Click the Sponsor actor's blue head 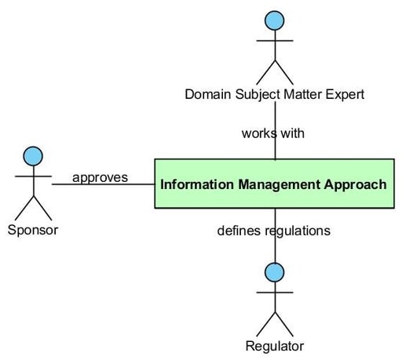[x=33, y=156]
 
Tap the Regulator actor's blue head [x=274, y=272]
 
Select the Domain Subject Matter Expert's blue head [x=275, y=20]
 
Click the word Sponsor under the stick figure [x=33, y=231]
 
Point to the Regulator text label [x=275, y=346]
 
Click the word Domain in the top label [x=208, y=94]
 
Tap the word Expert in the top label [x=345, y=95]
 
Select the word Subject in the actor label [x=258, y=95]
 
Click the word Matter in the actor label [x=303, y=94]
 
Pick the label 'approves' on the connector [x=100, y=178]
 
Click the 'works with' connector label [x=273, y=133]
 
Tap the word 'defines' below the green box [x=239, y=231]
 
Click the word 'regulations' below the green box [x=298, y=231]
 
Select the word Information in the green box [x=197, y=184]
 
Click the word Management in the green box [x=279, y=185]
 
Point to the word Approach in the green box [x=355, y=185]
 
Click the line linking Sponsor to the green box [x=103, y=184]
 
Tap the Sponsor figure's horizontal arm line [x=33, y=176]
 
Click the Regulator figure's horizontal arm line [x=275, y=293]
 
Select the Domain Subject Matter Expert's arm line [x=275, y=41]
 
